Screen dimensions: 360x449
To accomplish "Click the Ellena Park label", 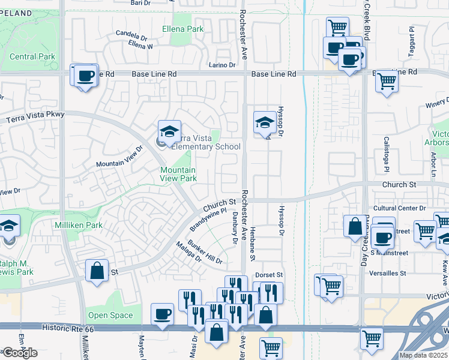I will (183, 29).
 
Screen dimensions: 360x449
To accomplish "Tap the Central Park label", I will (32, 57).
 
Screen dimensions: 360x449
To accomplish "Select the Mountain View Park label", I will (178, 174).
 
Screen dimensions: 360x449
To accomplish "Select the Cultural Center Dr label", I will (399, 208).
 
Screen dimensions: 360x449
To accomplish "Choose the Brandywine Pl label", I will (208, 220).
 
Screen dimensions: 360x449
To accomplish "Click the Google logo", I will (20, 353).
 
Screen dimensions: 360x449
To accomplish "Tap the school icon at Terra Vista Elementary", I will (169, 131).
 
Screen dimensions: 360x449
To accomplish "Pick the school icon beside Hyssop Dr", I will (264, 122).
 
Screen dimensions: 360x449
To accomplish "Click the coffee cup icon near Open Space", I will (161, 314).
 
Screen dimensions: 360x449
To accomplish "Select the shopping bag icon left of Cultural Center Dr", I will (355, 226).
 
